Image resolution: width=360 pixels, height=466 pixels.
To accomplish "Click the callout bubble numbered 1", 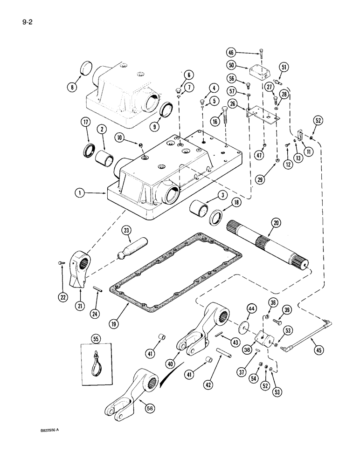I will [82, 192].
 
